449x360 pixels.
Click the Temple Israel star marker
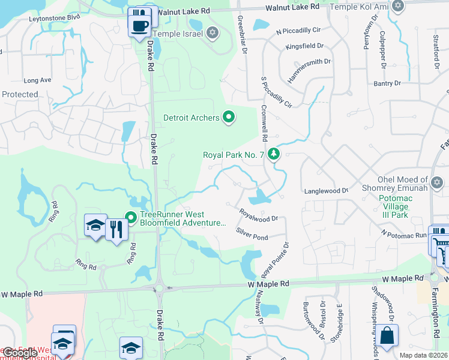pos(212,33)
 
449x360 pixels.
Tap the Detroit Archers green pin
pos(228,117)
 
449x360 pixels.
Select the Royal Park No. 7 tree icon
pos(274,154)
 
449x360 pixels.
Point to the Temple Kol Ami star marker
pos(397,5)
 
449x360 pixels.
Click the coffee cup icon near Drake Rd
pos(140,26)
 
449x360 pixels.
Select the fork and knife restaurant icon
pos(116,229)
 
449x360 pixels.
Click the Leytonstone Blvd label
pos(55,18)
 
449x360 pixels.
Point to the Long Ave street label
pos(37,80)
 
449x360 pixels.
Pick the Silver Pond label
pos(252,233)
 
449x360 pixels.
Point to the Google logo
pos(21,353)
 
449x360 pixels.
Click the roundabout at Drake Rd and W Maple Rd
pos(160,287)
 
